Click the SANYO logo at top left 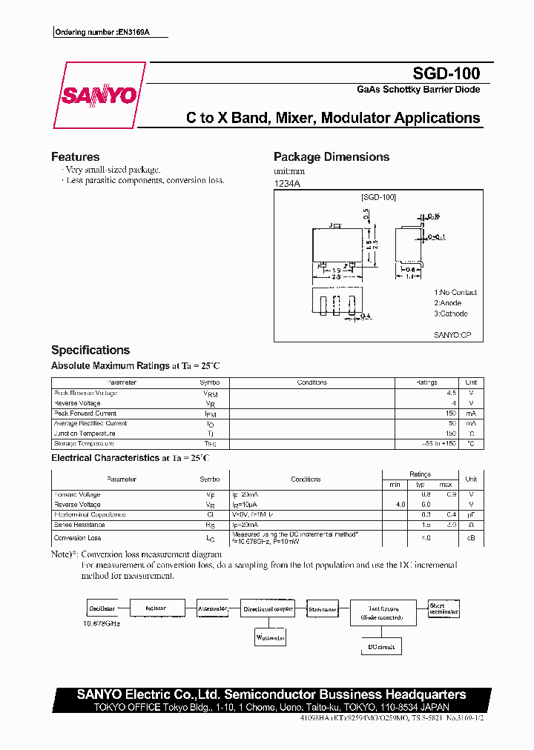(x=99, y=96)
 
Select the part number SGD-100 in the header (x=446, y=73)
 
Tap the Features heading (x=75, y=157)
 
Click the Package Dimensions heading (x=331, y=157)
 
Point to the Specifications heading (x=90, y=350)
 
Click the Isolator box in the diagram (x=156, y=608)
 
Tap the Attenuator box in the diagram (x=213, y=608)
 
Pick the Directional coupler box (x=268, y=608)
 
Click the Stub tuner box (x=323, y=609)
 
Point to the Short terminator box (x=444, y=609)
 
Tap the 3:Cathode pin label (x=451, y=313)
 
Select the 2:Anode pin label (x=448, y=303)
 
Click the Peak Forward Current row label (x=85, y=414)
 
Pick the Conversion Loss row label (x=77, y=538)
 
